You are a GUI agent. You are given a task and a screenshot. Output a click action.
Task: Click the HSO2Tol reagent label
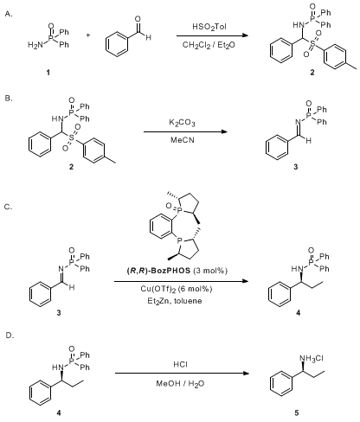[x=209, y=27]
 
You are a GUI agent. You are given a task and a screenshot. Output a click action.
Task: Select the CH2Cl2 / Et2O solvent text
[x=209, y=45]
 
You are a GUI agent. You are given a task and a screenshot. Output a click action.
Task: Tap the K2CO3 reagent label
[x=182, y=123]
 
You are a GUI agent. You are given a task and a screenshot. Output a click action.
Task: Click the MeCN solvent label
[x=183, y=140]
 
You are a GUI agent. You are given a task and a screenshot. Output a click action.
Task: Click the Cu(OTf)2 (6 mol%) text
[x=177, y=289]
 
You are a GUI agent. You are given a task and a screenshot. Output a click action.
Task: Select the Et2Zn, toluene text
[x=175, y=301]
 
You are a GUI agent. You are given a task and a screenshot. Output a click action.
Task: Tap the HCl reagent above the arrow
[x=180, y=365]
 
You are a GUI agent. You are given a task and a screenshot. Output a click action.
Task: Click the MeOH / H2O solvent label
[x=180, y=384]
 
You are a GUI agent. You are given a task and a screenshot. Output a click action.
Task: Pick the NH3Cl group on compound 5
[x=312, y=359]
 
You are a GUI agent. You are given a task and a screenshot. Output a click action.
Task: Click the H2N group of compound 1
[x=35, y=45]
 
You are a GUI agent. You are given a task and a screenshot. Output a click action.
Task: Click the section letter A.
[x=9, y=14]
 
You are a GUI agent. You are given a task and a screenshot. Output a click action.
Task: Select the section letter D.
[x=10, y=336]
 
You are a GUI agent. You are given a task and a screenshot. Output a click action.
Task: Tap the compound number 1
[x=48, y=72]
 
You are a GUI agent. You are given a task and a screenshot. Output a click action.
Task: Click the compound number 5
[x=297, y=412]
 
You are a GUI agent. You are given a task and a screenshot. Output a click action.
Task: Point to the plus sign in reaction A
[x=88, y=35]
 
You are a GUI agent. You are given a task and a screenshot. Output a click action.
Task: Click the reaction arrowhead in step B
[x=224, y=132]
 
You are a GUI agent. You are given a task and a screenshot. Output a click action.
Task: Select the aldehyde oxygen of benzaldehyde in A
[x=138, y=19]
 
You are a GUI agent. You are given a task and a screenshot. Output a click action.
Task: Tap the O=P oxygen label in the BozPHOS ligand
[x=169, y=206]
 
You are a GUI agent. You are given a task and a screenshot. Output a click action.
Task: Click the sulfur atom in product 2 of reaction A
[x=312, y=43]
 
